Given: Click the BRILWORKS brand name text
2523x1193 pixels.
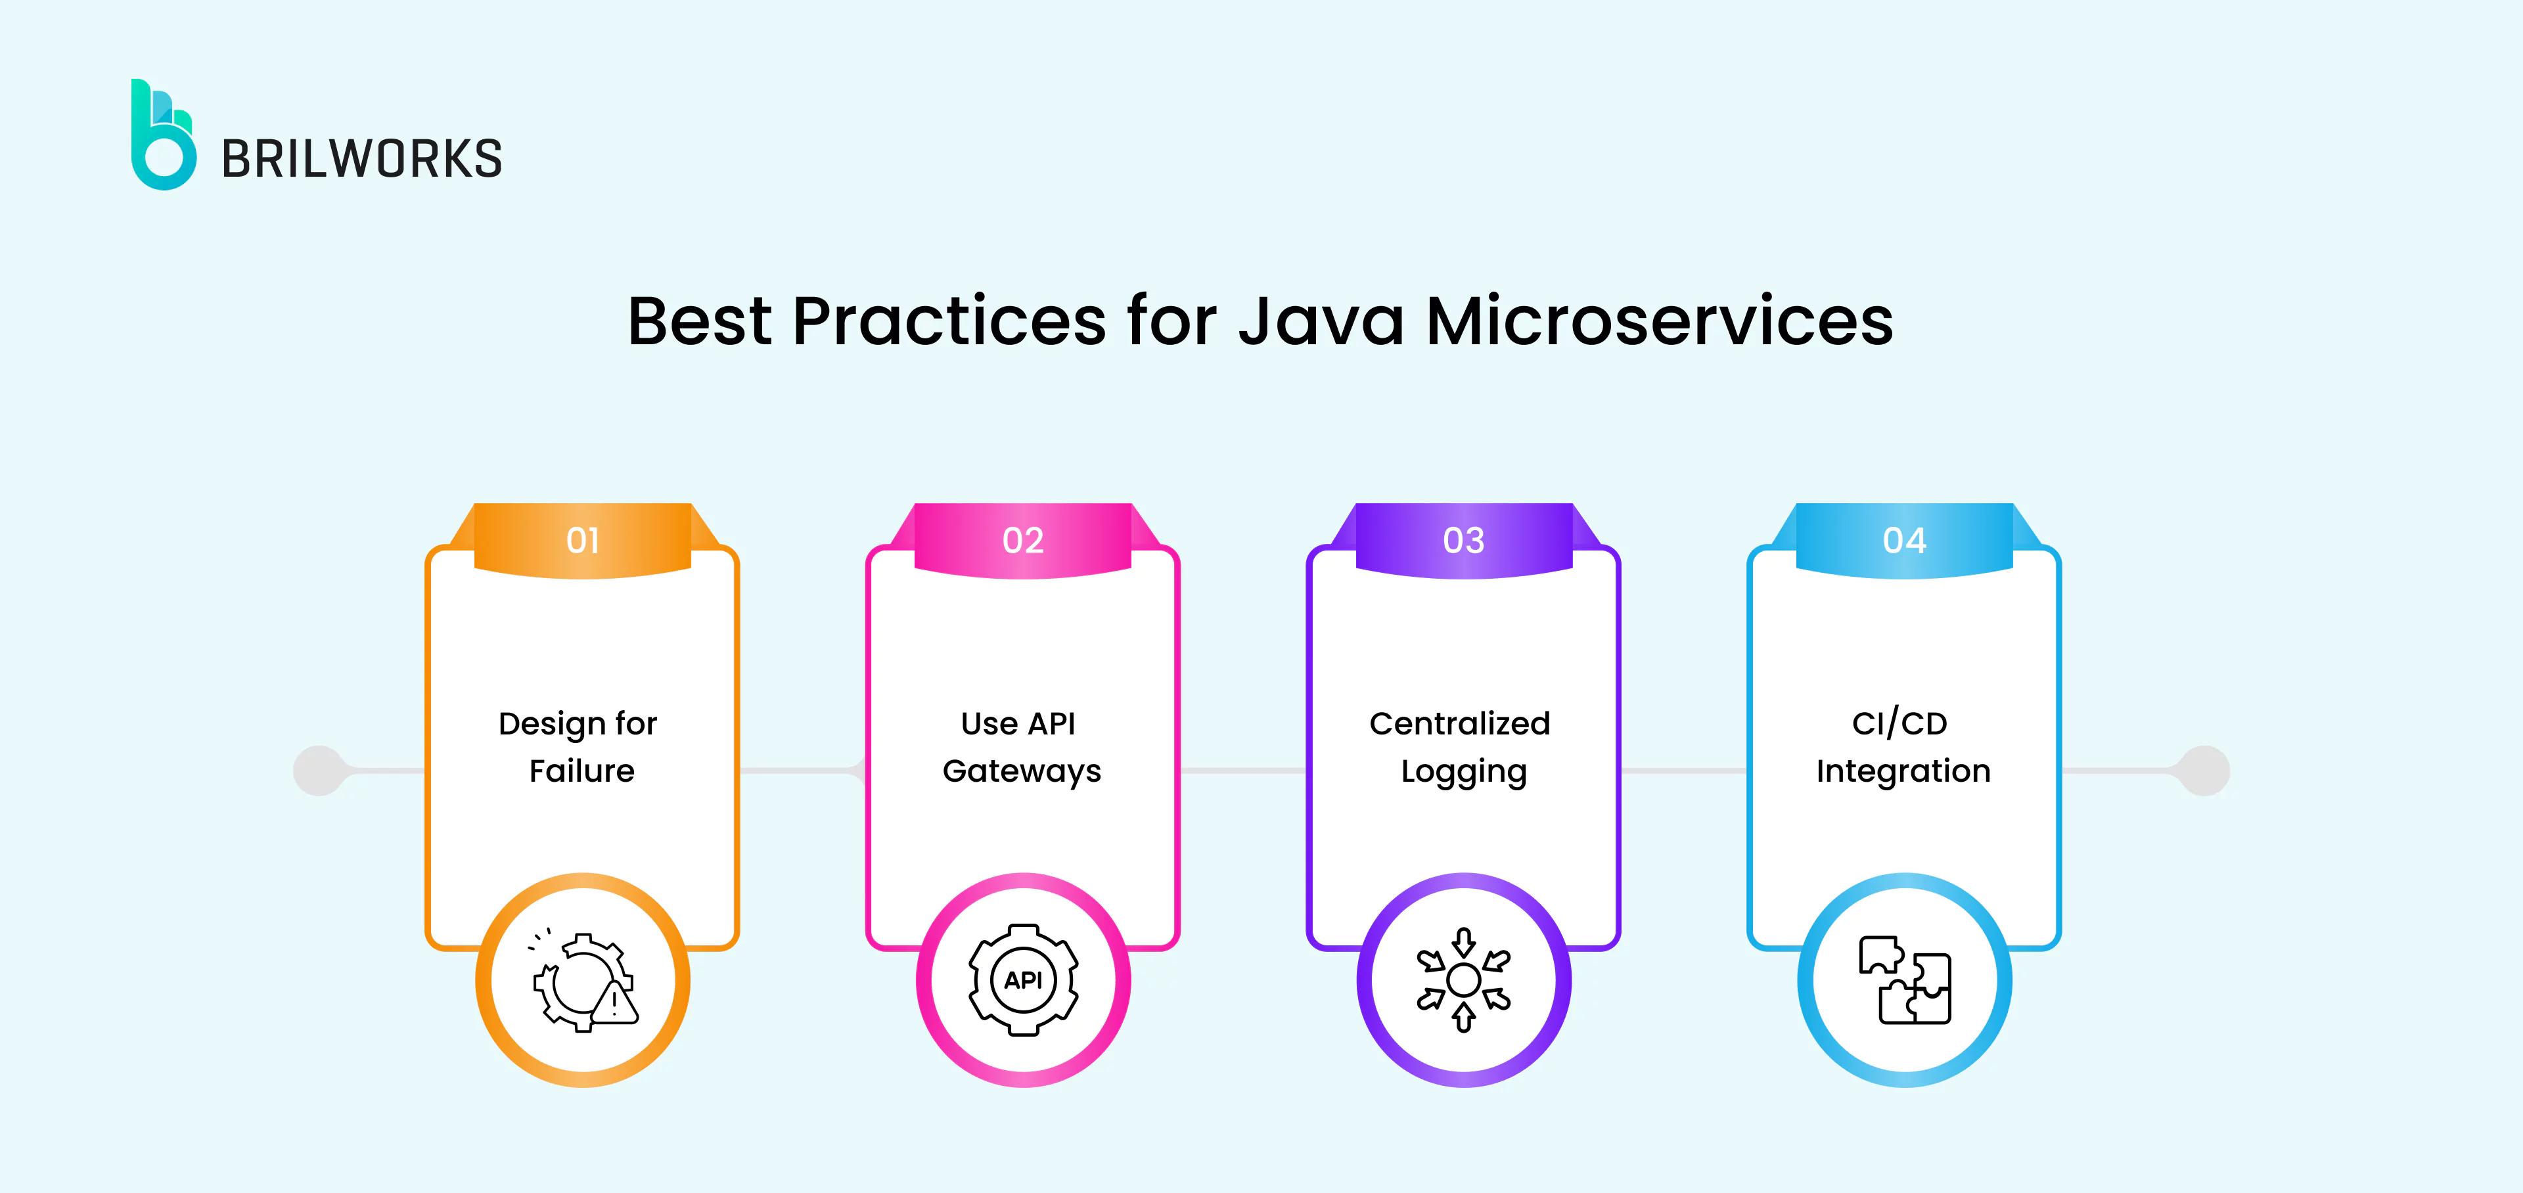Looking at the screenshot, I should tap(361, 160).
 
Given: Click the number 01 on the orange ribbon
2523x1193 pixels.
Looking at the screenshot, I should tap(583, 541).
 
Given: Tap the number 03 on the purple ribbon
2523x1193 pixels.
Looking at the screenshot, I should tap(1463, 541).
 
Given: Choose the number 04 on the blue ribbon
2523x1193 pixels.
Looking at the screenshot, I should tap(1904, 541).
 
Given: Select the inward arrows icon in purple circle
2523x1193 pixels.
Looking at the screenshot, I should tap(1463, 980).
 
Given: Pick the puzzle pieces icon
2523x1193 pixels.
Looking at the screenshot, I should tap(1904, 980).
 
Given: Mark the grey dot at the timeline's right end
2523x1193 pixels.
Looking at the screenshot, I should tap(2205, 771).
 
